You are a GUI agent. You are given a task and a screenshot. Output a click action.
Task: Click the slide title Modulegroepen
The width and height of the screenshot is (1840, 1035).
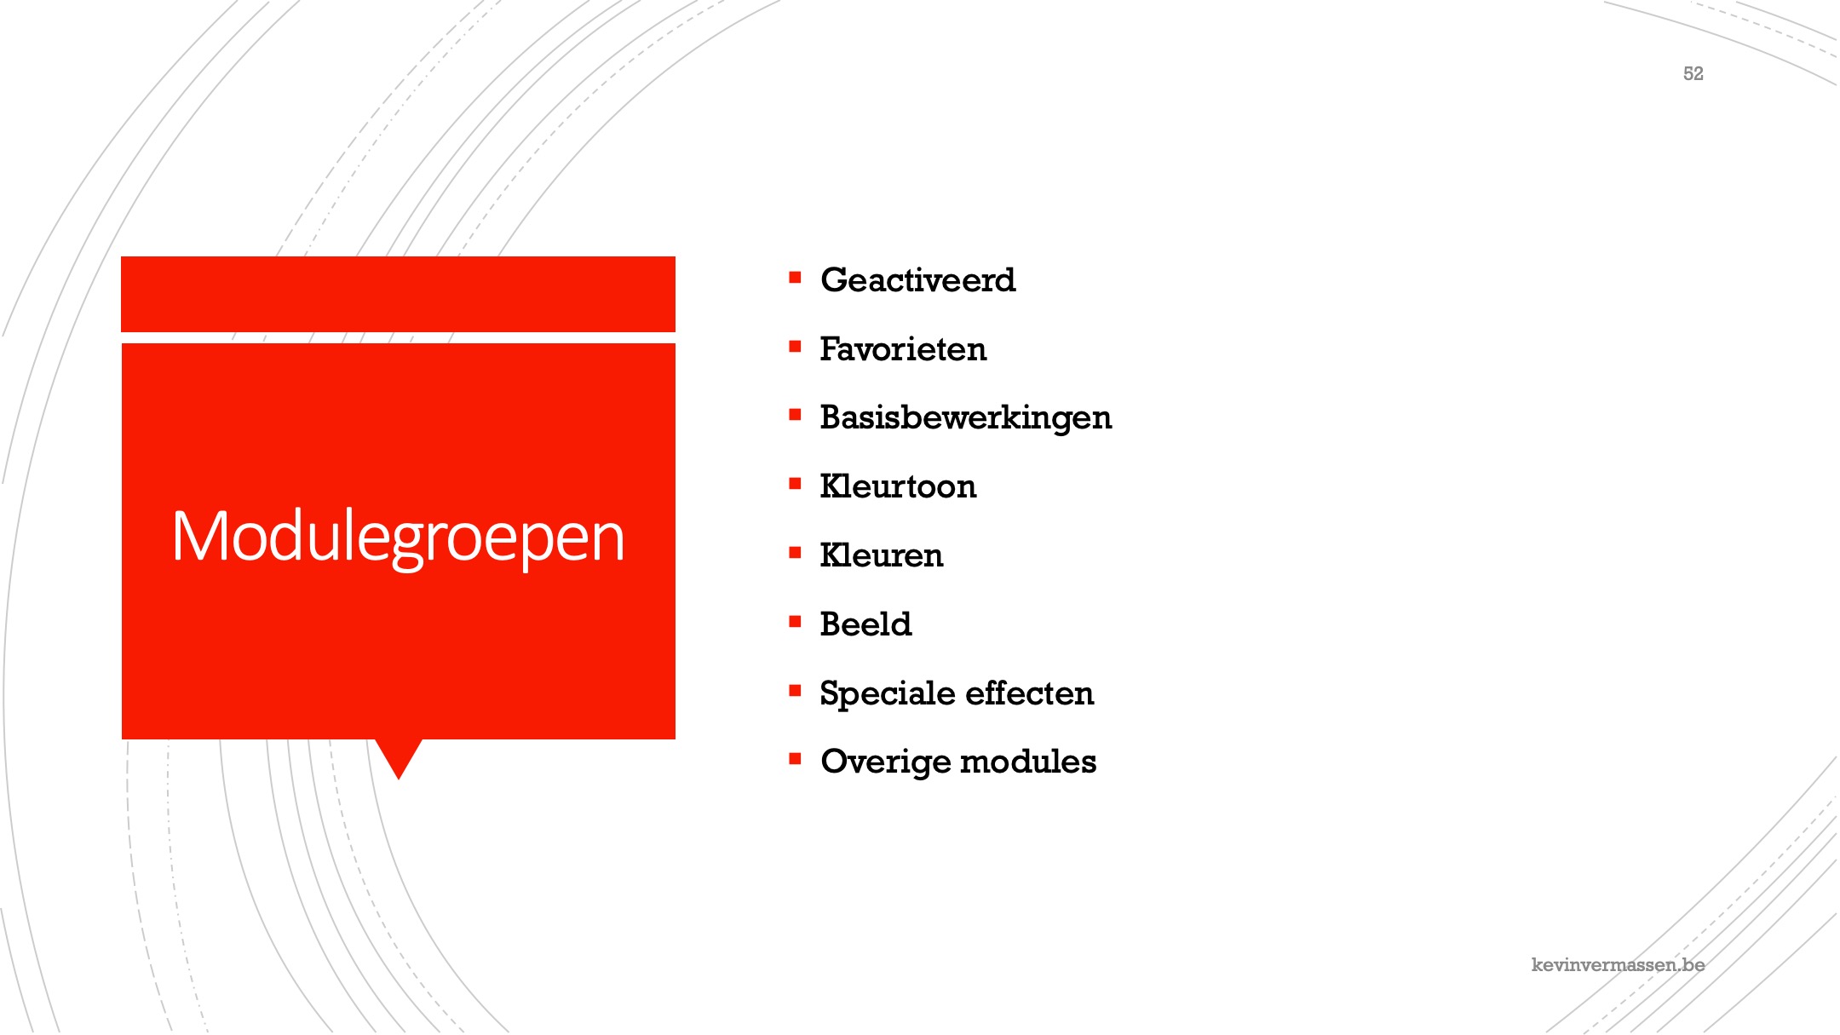point(399,537)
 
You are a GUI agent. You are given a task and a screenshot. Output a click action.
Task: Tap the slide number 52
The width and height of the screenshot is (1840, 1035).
point(1693,74)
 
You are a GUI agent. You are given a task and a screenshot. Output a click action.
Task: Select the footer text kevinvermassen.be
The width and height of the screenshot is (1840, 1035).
point(1618,964)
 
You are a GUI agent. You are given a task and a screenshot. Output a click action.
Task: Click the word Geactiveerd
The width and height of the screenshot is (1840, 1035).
point(917,280)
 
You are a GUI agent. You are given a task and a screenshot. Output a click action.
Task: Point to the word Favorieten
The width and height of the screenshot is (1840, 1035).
point(903,349)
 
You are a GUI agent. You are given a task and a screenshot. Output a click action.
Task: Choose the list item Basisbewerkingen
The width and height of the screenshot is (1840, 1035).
point(966,418)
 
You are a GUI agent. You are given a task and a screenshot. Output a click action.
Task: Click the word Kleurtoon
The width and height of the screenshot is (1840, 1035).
point(898,486)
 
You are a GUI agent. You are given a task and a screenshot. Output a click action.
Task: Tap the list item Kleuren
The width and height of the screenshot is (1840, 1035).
point(882,555)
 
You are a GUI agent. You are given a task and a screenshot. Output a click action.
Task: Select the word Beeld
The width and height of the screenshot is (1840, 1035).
point(865,624)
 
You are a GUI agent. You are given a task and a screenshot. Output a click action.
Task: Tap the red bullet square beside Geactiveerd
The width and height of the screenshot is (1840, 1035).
point(796,277)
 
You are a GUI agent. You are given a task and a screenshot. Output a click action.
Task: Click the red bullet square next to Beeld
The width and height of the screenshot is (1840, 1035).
point(796,622)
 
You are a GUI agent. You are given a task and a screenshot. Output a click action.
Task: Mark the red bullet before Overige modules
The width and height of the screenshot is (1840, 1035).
point(796,758)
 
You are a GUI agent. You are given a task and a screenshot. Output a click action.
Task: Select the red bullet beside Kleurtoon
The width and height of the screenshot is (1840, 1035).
point(796,484)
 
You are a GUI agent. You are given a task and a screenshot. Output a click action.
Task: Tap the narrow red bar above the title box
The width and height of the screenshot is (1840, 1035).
point(399,294)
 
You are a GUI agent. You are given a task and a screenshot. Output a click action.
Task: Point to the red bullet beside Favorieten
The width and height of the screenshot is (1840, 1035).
point(796,347)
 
